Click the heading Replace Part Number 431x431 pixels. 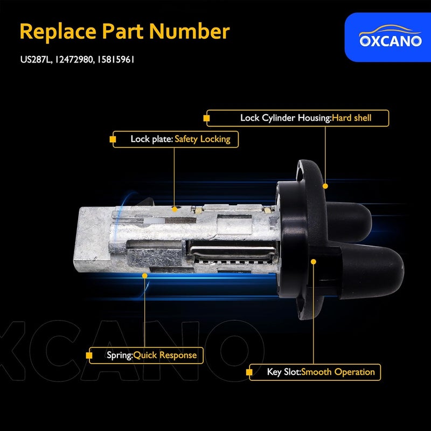coord(124,32)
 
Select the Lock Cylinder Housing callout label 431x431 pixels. coord(285,118)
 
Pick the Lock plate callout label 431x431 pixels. coord(151,139)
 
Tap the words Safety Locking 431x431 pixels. coord(202,139)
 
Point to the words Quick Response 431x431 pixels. coord(165,356)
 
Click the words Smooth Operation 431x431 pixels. coord(338,372)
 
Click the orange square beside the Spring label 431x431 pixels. coord(88,356)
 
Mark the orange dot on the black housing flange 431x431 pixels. coord(325,185)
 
